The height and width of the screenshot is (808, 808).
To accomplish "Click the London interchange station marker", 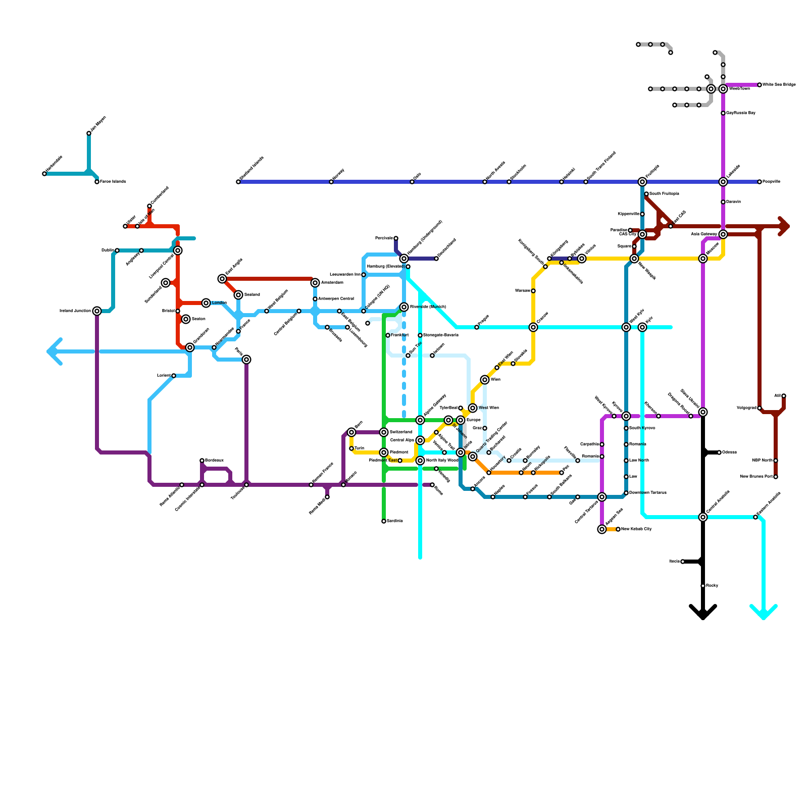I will point(206,303).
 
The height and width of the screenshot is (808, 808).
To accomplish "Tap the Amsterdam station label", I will point(332,283).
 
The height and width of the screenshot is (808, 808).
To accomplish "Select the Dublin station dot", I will point(117,250).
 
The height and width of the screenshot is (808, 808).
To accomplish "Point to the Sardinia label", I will point(395,521).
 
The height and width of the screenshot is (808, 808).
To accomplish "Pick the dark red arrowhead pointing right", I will point(785,226).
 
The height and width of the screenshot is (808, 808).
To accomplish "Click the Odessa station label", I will point(729,452).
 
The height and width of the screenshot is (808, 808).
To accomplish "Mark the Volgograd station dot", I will point(760,408).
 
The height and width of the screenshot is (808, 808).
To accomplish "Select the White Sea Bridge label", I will point(779,85).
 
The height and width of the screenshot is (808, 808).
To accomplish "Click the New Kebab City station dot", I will point(618,529).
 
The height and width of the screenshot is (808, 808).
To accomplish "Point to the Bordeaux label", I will point(214,461).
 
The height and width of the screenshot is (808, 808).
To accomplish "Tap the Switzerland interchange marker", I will point(384,432).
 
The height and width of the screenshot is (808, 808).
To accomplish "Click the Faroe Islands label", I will point(113,182).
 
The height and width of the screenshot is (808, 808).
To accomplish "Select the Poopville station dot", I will point(760,182).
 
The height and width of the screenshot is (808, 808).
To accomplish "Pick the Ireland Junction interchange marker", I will point(97,311).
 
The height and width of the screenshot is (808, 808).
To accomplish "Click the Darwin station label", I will point(733,202).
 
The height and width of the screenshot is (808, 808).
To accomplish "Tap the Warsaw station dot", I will point(533,291).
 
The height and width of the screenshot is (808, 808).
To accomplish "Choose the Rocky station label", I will point(712,586).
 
